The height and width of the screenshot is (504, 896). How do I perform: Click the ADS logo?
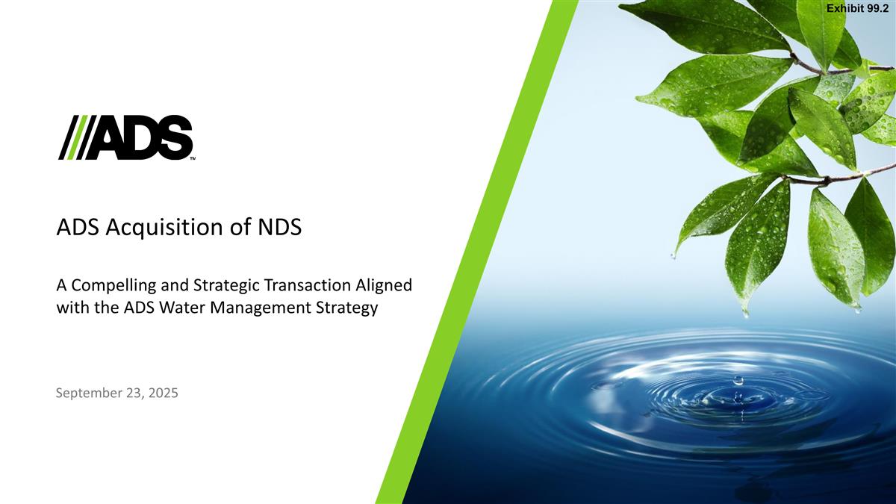125,137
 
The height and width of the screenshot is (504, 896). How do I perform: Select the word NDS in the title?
279,226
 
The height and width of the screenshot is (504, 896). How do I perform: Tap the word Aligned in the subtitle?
385,285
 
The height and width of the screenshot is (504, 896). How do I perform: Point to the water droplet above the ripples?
738,380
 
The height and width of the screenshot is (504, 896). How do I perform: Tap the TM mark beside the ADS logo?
192,158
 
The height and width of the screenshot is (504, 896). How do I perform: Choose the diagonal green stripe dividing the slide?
478,254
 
